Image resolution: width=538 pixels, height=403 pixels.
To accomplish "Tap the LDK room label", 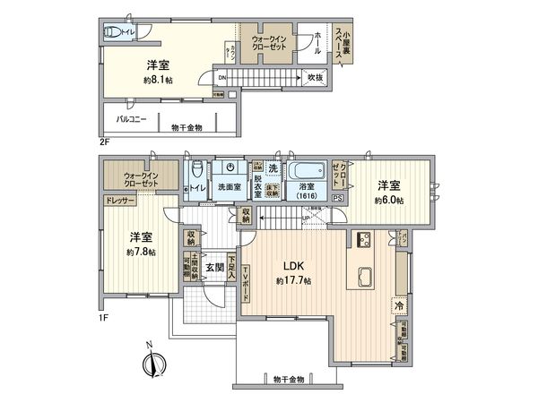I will (293, 266).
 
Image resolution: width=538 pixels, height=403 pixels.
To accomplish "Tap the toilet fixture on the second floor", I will (114, 33).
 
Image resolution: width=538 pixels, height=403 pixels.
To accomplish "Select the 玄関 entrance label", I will (212, 267).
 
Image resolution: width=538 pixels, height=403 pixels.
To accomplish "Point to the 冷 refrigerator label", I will (397, 304).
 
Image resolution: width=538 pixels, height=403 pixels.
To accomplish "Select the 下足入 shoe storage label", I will (230, 267).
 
